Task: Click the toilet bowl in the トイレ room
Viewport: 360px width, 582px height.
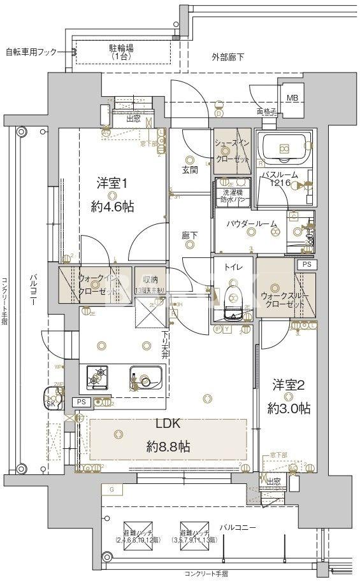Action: (x=233, y=299)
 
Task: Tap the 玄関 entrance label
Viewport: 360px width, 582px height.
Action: (x=189, y=170)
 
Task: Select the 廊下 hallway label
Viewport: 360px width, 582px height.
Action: (x=189, y=236)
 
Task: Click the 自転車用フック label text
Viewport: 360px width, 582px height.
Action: (x=31, y=52)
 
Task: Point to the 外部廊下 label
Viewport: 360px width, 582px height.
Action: (x=227, y=58)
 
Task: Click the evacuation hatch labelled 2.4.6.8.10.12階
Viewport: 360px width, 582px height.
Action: (x=133, y=528)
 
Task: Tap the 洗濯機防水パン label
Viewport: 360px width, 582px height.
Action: (x=233, y=195)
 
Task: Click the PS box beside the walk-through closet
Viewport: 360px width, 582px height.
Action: (x=306, y=264)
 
